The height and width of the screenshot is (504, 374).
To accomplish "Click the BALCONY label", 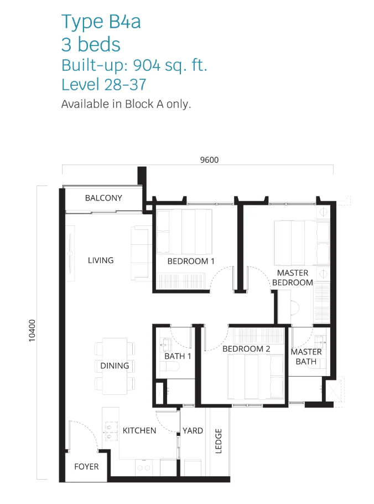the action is click(103, 198).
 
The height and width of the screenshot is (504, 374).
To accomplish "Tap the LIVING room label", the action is click(101, 260).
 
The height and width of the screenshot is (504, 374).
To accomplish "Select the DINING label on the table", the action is click(115, 366).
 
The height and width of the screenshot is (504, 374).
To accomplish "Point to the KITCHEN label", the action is click(139, 430).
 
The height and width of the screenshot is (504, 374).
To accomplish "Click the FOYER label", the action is click(86, 466).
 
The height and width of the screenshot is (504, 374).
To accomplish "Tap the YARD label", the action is click(193, 430).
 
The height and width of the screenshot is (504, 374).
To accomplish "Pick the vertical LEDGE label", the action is click(219, 441).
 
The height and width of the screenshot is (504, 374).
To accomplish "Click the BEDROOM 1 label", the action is click(191, 261).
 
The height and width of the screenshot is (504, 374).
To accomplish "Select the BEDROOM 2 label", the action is click(246, 349).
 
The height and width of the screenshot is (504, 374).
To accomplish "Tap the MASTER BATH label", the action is click(306, 357).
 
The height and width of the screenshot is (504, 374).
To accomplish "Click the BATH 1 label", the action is click(178, 356).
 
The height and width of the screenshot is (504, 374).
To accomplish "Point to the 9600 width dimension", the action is click(209, 160).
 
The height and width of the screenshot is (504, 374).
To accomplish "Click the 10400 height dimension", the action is click(32, 331).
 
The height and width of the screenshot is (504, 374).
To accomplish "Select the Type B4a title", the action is click(101, 22).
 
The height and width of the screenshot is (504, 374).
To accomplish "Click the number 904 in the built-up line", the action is click(147, 65).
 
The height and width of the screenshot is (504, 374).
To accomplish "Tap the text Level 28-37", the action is click(103, 85).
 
